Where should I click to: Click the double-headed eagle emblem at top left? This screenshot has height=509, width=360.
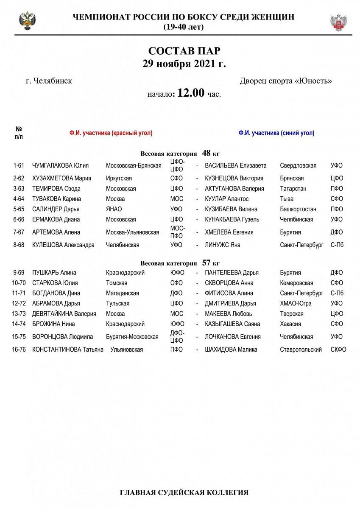pos(28,21)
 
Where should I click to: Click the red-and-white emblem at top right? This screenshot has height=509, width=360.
pos(338,22)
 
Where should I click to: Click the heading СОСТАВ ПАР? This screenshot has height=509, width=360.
pos(184,51)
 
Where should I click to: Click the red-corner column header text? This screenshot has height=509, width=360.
pos(111,133)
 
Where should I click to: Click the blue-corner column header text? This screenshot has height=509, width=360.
pos(276,133)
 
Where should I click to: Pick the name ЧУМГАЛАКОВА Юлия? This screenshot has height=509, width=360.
pos(61,165)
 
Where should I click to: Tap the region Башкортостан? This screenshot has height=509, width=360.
pos(298,209)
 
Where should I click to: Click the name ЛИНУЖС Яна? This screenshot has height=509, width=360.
pos(223,245)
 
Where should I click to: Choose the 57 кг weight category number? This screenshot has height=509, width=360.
pos(207,263)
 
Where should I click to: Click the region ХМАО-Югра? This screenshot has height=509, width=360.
pos(296,303)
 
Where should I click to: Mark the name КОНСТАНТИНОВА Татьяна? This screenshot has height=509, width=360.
pos(68,350)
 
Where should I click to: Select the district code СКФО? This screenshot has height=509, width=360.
pos(338,350)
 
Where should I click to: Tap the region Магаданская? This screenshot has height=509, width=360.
pos(123,293)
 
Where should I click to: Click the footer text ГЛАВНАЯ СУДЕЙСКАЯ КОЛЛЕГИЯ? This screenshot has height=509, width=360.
pos(184,492)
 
